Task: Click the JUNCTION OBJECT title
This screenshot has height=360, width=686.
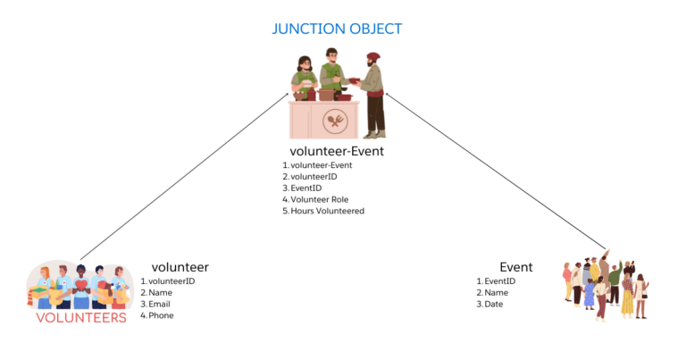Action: pyautogui.click(x=337, y=29)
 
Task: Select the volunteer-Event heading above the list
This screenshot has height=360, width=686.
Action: pyautogui.click(x=337, y=151)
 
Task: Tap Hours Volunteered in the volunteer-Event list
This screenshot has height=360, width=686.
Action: pyautogui.click(x=327, y=212)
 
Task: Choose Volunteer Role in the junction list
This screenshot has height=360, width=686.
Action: pyautogui.click(x=319, y=200)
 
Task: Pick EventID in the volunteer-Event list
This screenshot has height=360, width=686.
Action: pyautogui.click(x=306, y=188)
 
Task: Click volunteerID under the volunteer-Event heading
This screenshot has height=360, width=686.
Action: pyautogui.click(x=313, y=177)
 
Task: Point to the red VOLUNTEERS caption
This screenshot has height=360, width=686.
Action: pyautogui.click(x=81, y=317)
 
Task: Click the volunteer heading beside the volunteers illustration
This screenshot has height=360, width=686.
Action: pyautogui.click(x=180, y=266)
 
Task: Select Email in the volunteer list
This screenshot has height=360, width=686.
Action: pyautogui.click(x=159, y=304)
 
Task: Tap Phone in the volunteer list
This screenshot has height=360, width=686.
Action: pyautogui.click(x=161, y=315)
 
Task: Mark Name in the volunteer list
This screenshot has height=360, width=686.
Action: pyautogui.click(x=160, y=292)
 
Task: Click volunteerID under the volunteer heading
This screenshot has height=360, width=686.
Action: pyautogui.click(x=171, y=281)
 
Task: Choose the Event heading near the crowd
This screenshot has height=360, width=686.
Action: pyautogui.click(x=516, y=266)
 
